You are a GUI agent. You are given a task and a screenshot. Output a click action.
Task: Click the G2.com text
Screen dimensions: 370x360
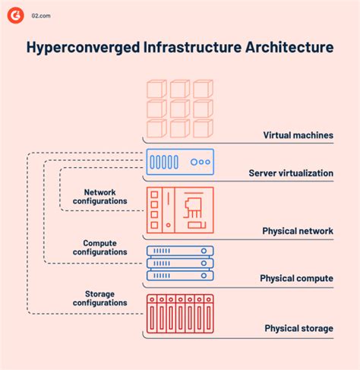(40, 15)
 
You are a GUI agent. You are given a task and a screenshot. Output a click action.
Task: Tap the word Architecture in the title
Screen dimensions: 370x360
(289, 49)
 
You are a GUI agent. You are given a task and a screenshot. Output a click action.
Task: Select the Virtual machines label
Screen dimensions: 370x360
(298, 135)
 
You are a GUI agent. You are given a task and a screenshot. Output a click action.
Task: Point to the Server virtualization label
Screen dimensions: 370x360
(291, 173)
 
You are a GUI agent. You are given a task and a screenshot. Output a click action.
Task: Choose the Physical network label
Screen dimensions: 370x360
(298, 230)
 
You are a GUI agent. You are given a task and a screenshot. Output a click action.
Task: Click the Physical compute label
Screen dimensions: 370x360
(296, 278)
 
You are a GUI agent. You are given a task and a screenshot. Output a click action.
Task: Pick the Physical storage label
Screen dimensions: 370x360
(298, 328)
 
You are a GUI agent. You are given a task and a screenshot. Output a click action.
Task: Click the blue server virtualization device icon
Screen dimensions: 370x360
(179, 162)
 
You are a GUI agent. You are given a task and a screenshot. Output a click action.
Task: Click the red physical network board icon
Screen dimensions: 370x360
(179, 208)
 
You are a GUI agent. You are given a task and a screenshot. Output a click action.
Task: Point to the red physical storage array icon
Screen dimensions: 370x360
(179, 315)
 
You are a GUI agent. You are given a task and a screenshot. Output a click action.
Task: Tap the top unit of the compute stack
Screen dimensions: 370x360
(179, 251)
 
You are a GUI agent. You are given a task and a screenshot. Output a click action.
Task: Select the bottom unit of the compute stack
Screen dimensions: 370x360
(179, 276)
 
